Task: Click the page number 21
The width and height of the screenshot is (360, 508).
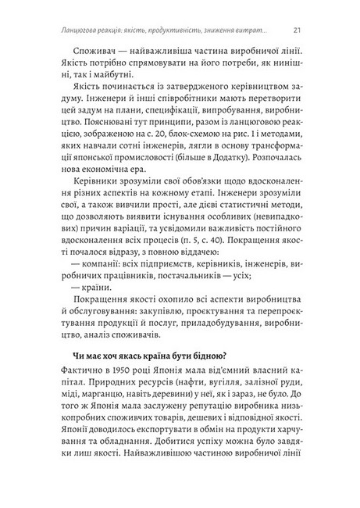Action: (298, 31)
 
